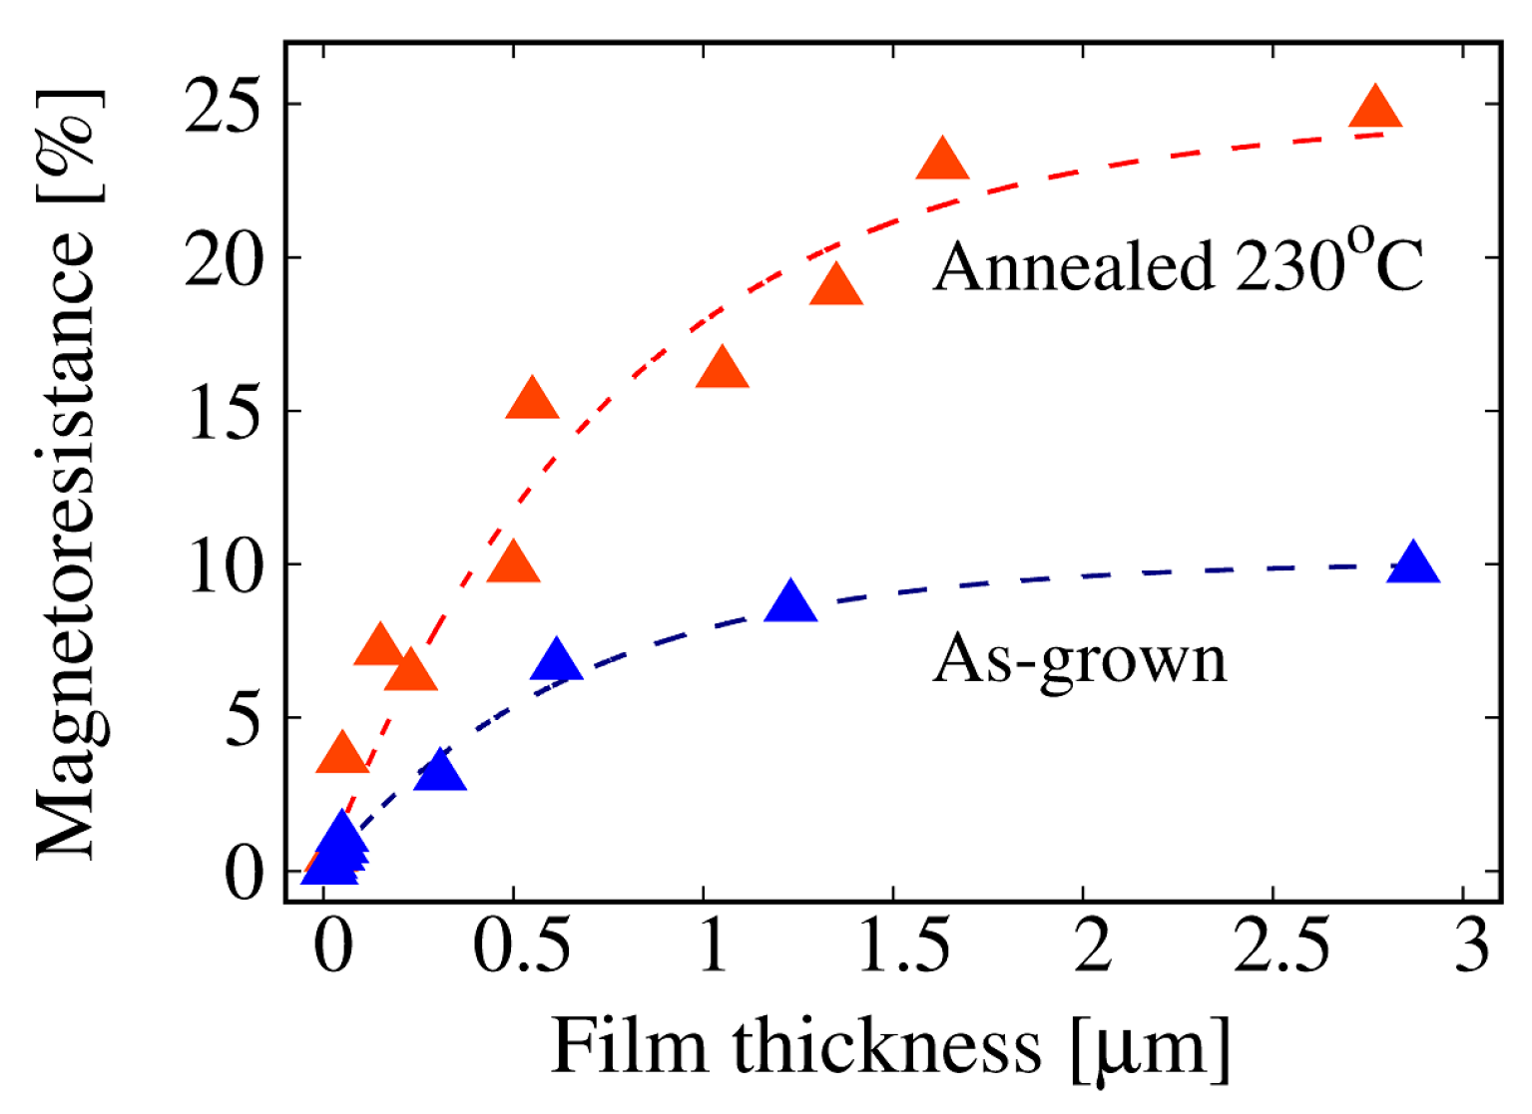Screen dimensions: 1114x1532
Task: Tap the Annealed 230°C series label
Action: click(x=1178, y=266)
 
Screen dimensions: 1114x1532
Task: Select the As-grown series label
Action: click(x=1079, y=659)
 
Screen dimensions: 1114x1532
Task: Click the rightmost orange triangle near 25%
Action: click(x=1375, y=108)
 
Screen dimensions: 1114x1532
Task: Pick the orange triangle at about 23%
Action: click(x=942, y=161)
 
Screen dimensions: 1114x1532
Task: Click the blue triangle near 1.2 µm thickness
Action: click(x=790, y=602)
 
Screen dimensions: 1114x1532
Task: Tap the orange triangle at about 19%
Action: click(x=836, y=287)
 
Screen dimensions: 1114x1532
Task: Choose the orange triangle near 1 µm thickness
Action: click(x=722, y=370)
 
